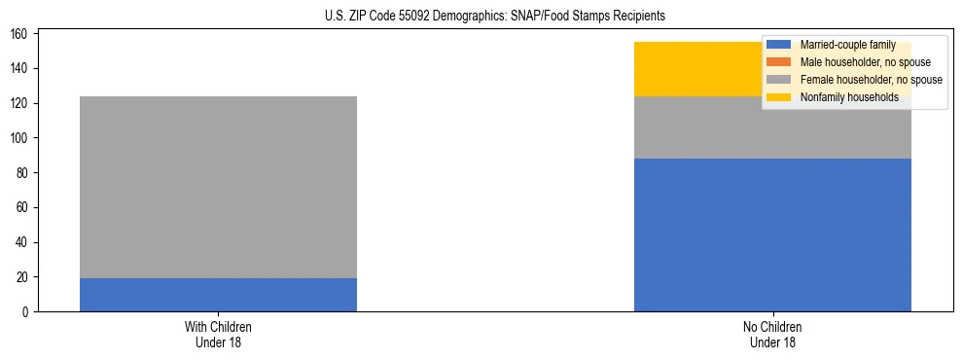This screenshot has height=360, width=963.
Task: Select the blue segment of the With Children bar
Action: click(x=218, y=295)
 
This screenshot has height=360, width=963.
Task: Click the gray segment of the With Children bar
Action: click(x=218, y=187)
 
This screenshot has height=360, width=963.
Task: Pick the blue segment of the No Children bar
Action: click(x=772, y=234)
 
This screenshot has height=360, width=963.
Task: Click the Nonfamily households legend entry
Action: click(x=849, y=97)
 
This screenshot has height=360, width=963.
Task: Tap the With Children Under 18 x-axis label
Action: click(x=218, y=334)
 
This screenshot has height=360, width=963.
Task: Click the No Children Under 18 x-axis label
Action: click(x=772, y=334)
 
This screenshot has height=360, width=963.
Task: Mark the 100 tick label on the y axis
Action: click(x=22, y=138)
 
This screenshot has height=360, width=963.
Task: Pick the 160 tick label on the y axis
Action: click(x=22, y=34)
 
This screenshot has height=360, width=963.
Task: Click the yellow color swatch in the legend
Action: click(x=779, y=97)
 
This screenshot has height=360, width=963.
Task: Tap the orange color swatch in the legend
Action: click(x=779, y=62)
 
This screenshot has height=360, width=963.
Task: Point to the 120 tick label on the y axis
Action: click(x=22, y=103)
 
